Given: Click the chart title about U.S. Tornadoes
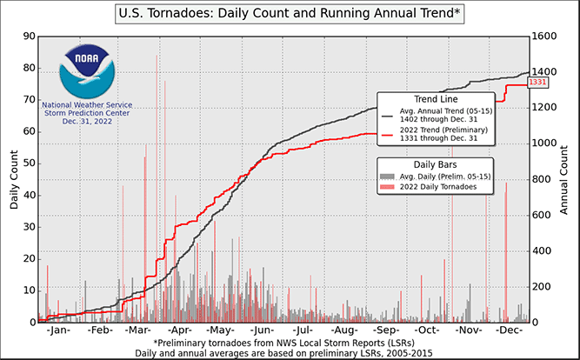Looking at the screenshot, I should (x=289, y=14).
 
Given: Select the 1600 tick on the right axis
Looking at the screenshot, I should (x=543, y=37).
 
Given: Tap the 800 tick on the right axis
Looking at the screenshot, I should (x=541, y=179).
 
